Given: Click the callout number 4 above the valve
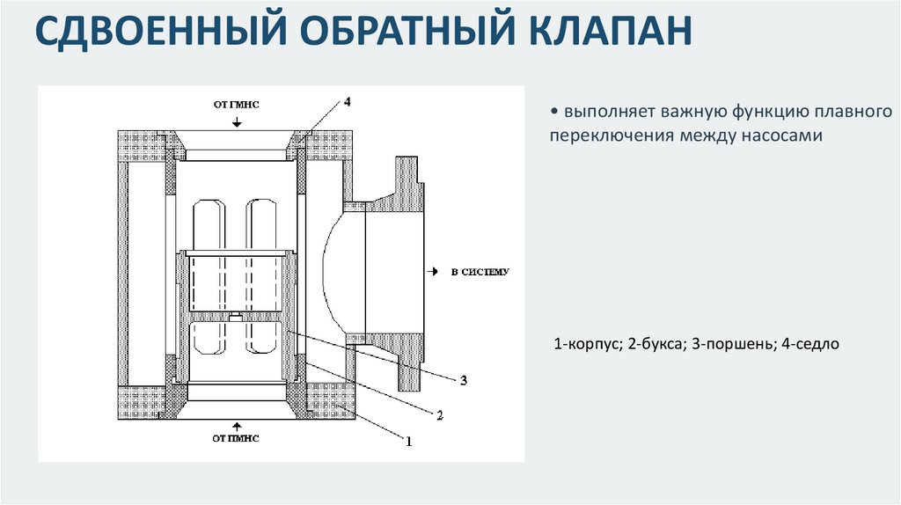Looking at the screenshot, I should (348, 102).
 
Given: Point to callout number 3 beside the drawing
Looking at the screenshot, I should (463, 380).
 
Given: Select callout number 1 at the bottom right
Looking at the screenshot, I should (407, 442).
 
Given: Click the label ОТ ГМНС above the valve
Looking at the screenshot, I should (236, 104).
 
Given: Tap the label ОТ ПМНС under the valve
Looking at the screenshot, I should (235, 436).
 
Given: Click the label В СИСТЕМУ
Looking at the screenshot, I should (480, 272).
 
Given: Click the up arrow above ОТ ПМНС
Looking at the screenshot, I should (236, 424).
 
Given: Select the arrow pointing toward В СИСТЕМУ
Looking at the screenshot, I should (434, 272).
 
